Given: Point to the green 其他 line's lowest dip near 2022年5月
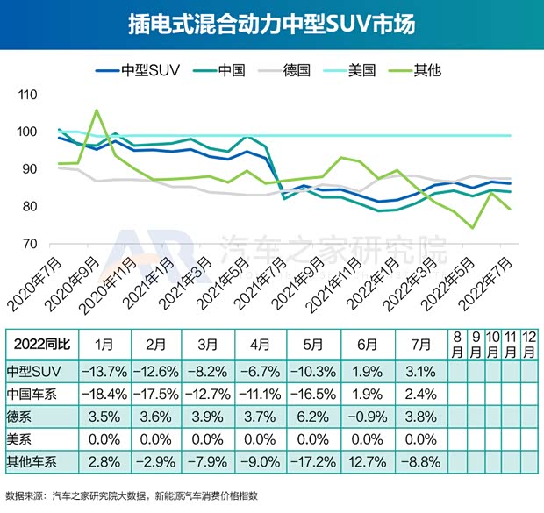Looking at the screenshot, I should [x=472, y=228].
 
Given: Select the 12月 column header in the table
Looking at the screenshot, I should [x=529, y=342].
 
